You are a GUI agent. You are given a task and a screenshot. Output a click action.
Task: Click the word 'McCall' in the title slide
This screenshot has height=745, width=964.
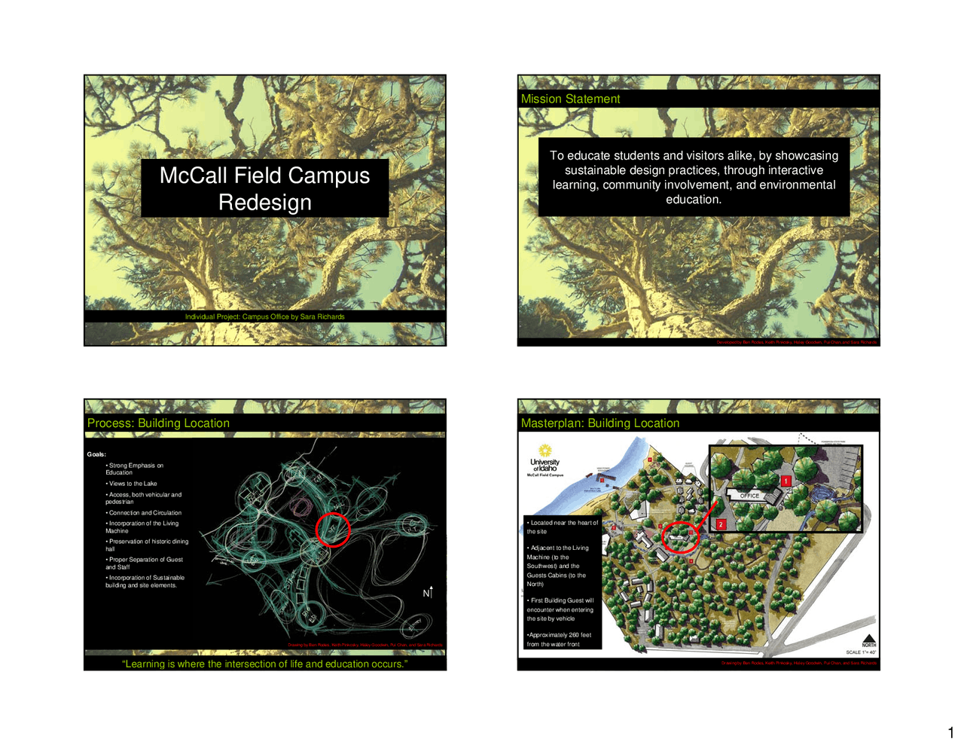[x=194, y=176]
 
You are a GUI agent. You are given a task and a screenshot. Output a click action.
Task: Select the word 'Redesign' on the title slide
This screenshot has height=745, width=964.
[x=265, y=203]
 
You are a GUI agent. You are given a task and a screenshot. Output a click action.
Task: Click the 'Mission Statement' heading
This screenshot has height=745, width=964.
[x=570, y=99]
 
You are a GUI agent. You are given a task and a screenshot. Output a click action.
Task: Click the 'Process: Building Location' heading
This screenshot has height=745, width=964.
[x=158, y=423]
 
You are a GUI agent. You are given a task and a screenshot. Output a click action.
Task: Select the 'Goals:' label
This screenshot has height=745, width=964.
[x=96, y=454]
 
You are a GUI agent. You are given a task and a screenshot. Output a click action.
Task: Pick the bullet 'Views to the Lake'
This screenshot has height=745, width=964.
[x=133, y=484]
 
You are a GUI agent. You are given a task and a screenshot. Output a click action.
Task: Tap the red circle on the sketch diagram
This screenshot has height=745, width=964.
[x=332, y=529]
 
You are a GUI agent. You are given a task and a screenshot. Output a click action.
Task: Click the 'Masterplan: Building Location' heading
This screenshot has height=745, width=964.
[x=599, y=423]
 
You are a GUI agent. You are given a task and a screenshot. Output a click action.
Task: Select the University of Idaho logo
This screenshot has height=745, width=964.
[x=545, y=461]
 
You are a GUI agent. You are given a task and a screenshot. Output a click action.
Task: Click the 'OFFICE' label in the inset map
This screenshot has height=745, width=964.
[x=749, y=496]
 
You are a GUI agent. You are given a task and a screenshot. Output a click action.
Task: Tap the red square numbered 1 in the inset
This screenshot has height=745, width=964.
[x=786, y=481]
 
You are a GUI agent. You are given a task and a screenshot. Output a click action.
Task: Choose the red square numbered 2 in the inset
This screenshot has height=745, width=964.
[x=721, y=524]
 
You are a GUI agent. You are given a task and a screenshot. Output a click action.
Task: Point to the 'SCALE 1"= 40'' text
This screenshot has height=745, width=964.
[x=861, y=652]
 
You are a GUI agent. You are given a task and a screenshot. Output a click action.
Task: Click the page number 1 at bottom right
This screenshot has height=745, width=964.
[x=950, y=733]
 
